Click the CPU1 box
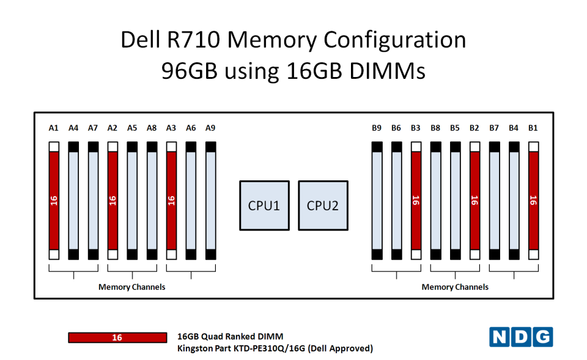264,205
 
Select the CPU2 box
323,205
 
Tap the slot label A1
54,128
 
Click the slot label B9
377,128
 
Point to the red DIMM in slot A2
113,200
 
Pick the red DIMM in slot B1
533,200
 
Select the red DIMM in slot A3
171,200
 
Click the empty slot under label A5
132,200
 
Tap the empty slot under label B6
396,200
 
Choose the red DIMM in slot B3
416,200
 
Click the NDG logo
521,337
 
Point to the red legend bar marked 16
117,337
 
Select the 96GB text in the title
189,70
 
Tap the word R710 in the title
193,39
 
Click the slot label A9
210,128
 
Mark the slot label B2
474,128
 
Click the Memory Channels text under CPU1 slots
132,287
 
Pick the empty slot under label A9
211,200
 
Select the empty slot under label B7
495,200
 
